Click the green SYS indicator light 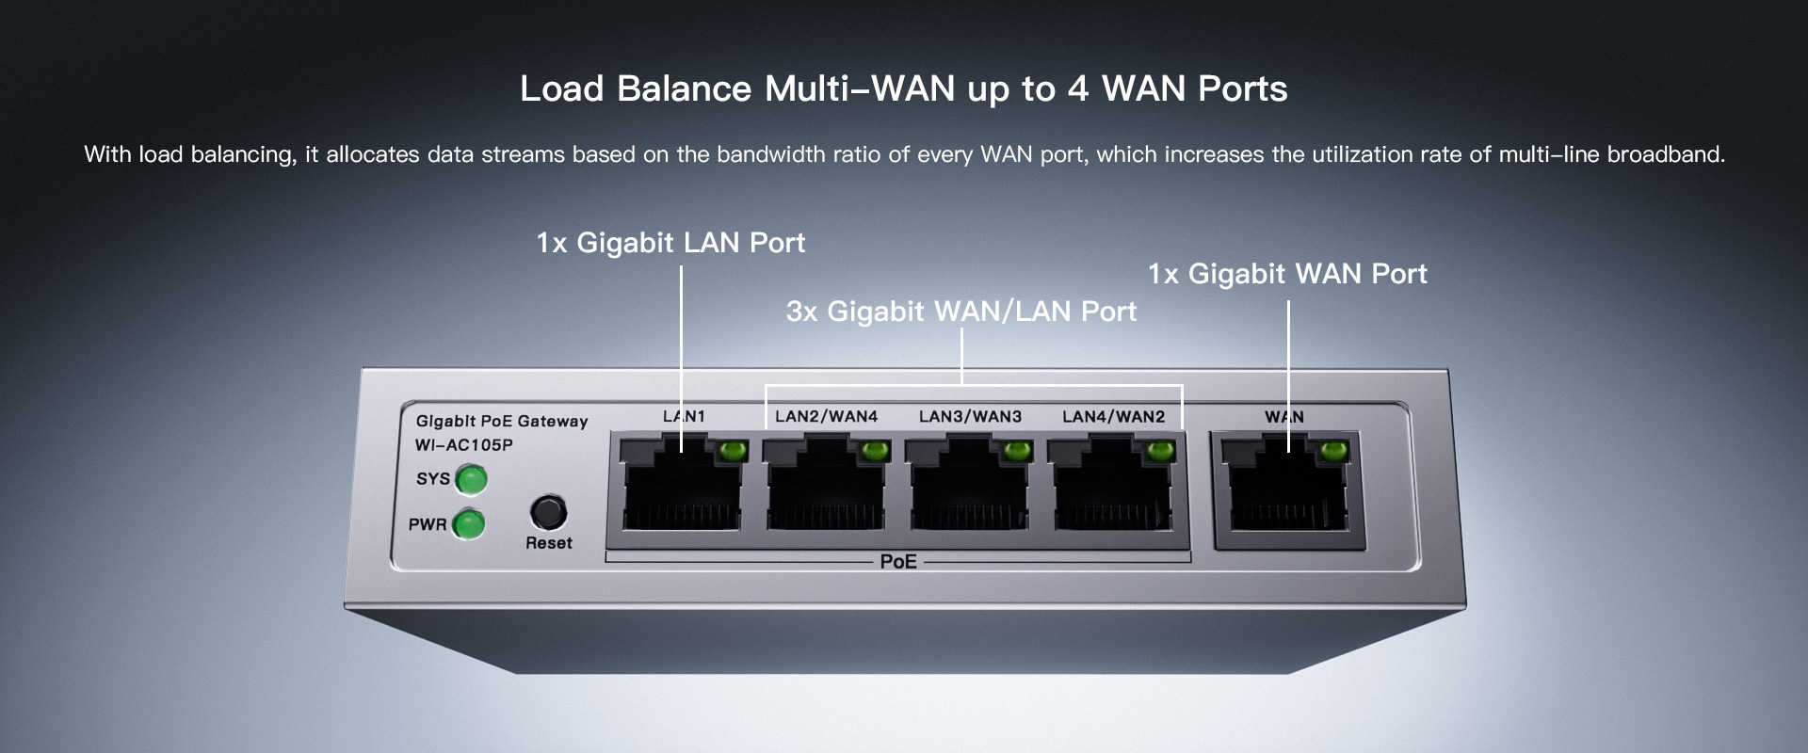pyautogui.click(x=471, y=480)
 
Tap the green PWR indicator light pyautogui.click(x=468, y=524)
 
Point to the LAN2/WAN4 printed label pyautogui.click(x=826, y=416)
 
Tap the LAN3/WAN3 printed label pyautogui.click(x=970, y=416)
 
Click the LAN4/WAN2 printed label pyautogui.click(x=1113, y=416)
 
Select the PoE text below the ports pyautogui.click(x=897, y=562)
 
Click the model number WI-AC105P pyautogui.click(x=463, y=445)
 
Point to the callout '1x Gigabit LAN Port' pyautogui.click(x=670, y=243)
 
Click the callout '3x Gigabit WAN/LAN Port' pyautogui.click(x=960, y=312)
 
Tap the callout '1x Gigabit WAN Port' pyautogui.click(x=1286, y=274)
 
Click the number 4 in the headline pyautogui.click(x=1077, y=89)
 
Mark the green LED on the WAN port pyautogui.click(x=1333, y=452)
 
